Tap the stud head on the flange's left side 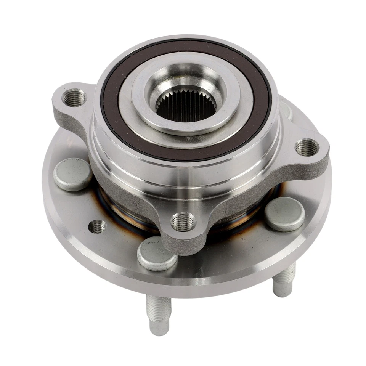(x=73, y=173)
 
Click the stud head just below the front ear (x=157, y=254)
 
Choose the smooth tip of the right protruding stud (x=283, y=290)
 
